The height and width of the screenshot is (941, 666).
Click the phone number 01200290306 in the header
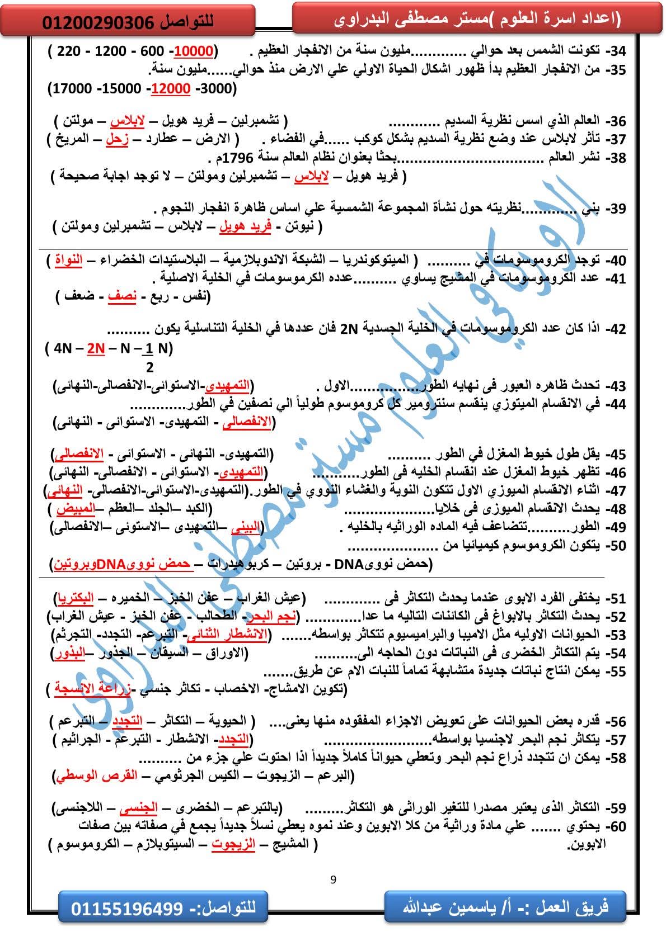(x=98, y=22)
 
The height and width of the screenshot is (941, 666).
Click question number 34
(x=617, y=52)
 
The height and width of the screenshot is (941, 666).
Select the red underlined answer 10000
(x=194, y=52)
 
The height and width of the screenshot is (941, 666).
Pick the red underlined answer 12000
(x=171, y=89)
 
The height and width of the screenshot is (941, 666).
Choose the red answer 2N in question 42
(x=96, y=348)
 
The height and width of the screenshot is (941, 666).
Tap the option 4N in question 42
(x=64, y=348)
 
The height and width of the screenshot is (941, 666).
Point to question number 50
(x=617, y=546)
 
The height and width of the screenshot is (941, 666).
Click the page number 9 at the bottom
(x=334, y=879)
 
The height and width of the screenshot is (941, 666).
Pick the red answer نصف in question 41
(x=122, y=296)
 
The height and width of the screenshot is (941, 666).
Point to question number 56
(x=617, y=721)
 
